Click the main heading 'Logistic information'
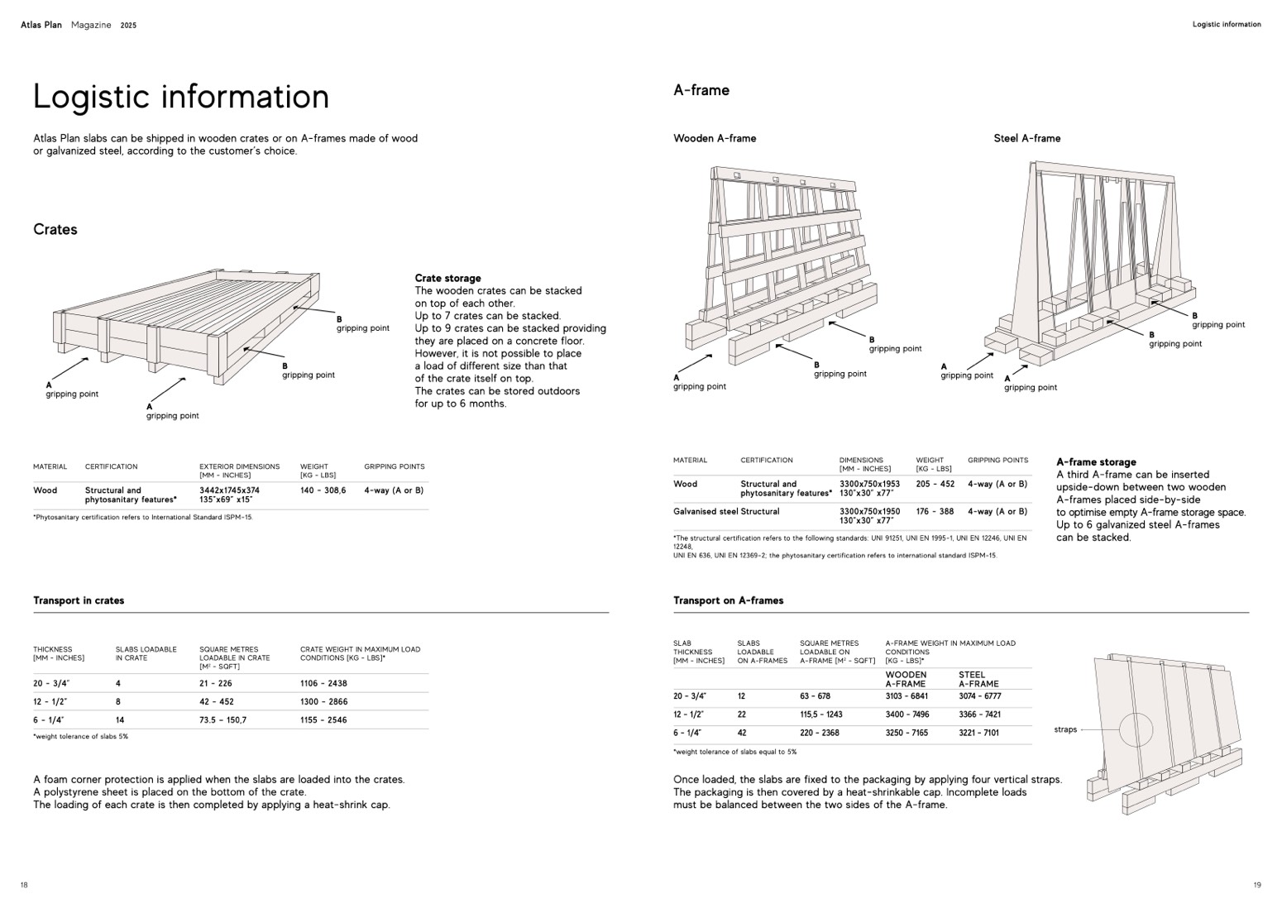(180, 97)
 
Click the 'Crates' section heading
(55, 230)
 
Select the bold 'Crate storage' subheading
(447, 279)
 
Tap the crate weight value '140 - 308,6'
(323, 490)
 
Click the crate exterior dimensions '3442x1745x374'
(229, 490)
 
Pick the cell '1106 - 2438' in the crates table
(323, 683)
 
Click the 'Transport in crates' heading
(79, 600)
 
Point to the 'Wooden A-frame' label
(715, 138)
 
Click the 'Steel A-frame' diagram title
(1026, 138)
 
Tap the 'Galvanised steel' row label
(706, 511)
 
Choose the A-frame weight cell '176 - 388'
(935, 511)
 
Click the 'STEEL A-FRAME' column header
(978, 679)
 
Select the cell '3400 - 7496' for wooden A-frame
(906, 714)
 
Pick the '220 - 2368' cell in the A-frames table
(820, 733)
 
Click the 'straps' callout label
(1065, 729)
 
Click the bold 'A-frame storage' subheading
(1096, 462)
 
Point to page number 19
(1257, 885)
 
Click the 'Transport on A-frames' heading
(728, 600)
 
